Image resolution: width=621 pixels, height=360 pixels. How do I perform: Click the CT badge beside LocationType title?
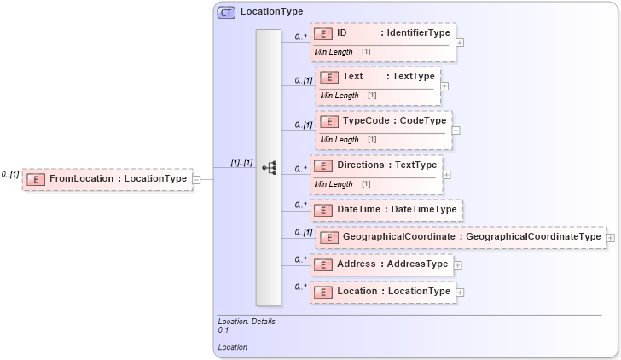(227, 12)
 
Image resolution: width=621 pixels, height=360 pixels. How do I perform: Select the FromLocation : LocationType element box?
(107, 178)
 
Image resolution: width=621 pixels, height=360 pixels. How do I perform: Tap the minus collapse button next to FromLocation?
(197, 179)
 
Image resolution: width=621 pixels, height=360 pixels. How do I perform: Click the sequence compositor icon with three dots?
(269, 168)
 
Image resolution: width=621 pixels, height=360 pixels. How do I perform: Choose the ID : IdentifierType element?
(382, 34)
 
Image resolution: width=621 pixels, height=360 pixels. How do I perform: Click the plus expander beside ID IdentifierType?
(461, 41)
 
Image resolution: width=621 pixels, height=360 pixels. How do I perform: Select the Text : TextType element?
(378, 77)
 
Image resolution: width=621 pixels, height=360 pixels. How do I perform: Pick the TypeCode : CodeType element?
(383, 121)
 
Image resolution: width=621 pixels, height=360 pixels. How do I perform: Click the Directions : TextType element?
(375, 165)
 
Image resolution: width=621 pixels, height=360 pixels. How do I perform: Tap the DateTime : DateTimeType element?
(386, 209)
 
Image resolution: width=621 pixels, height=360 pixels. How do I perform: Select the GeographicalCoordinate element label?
(459, 236)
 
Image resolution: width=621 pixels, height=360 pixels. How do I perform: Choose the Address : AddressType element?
(381, 264)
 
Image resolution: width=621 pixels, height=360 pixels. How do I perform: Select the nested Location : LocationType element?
(382, 292)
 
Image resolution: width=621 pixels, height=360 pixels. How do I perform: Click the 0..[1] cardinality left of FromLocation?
(10, 174)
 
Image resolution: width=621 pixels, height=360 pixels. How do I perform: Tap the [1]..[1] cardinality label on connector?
(241, 162)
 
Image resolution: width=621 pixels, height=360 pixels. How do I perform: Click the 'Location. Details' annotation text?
(247, 321)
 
